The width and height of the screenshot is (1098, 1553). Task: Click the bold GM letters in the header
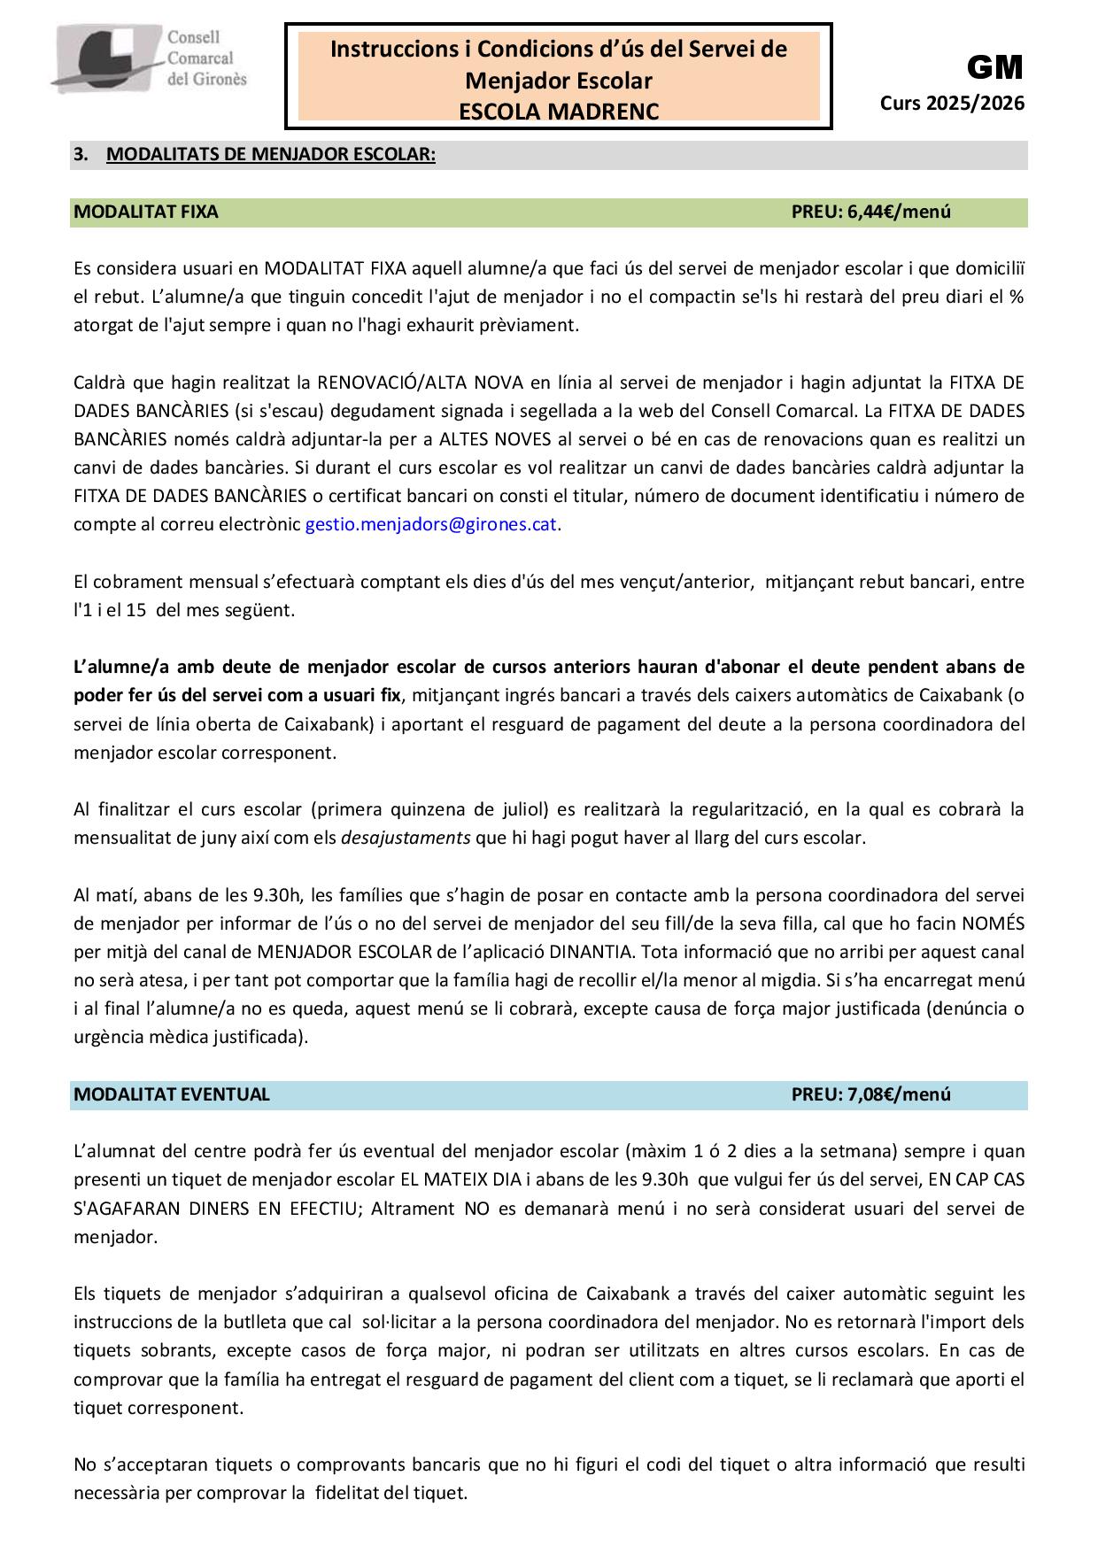click(x=994, y=67)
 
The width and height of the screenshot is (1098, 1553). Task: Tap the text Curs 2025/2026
click(x=952, y=104)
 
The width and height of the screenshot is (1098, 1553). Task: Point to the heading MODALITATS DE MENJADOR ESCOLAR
click(x=270, y=155)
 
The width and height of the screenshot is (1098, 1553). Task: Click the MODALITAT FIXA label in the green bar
click(x=146, y=212)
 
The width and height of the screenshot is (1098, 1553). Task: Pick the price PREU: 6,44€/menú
click(x=870, y=212)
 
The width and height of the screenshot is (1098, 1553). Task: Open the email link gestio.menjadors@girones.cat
click(x=430, y=524)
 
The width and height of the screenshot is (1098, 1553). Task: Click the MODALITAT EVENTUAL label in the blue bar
click(x=172, y=1094)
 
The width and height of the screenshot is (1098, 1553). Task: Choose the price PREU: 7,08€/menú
click(x=870, y=1094)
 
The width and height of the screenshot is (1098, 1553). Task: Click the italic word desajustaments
click(x=406, y=838)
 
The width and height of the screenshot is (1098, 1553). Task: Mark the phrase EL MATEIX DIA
click(x=457, y=1180)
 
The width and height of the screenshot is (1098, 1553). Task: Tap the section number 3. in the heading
click(x=81, y=155)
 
